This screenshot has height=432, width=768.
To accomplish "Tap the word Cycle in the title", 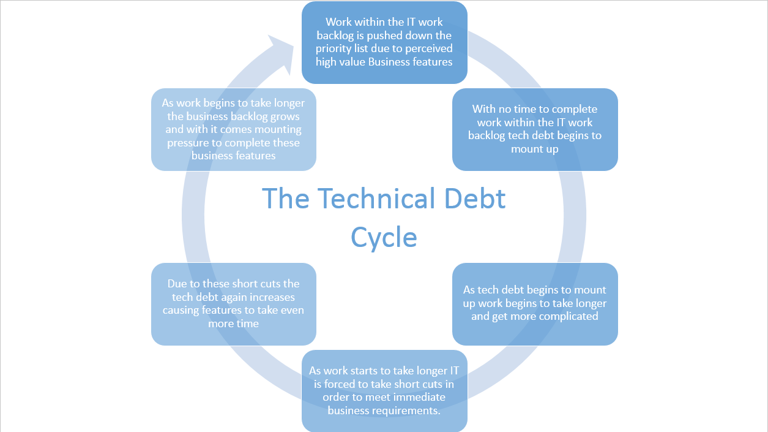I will click(x=384, y=237).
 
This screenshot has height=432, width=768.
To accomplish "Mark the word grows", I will click(x=285, y=116).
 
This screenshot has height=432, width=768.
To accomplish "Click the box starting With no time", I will click(x=535, y=129).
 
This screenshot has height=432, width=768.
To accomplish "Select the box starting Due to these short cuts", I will click(x=233, y=304).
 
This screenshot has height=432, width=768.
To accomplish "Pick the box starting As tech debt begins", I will click(x=535, y=304).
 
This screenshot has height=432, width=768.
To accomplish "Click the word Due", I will click(x=177, y=284).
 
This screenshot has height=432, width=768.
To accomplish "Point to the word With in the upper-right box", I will click(x=483, y=109).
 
